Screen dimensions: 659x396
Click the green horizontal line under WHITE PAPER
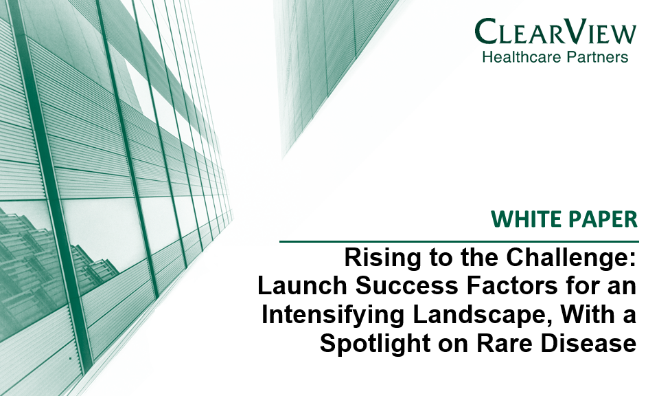tap(459, 241)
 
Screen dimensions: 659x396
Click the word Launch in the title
tap(302, 285)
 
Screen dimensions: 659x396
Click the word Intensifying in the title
tap(333, 315)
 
